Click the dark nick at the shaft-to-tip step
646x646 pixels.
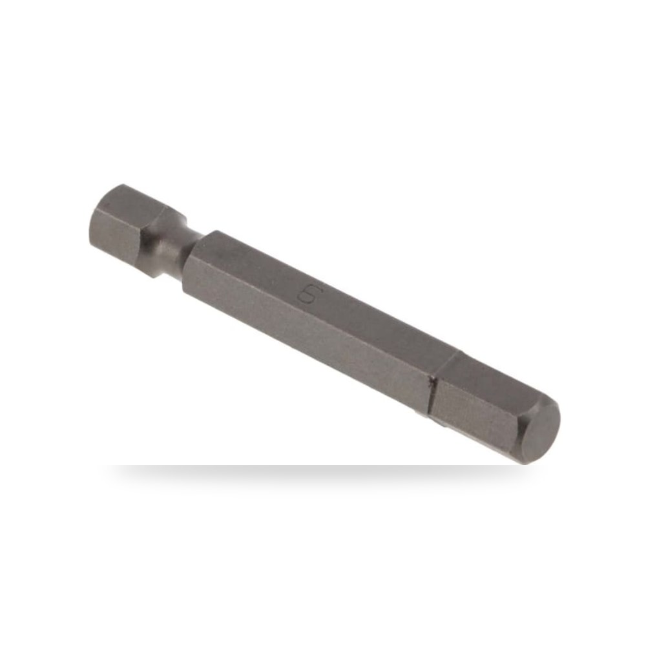click(431, 382)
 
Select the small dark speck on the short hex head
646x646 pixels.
click(107, 203)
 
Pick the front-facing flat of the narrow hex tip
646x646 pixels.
click(474, 416)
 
